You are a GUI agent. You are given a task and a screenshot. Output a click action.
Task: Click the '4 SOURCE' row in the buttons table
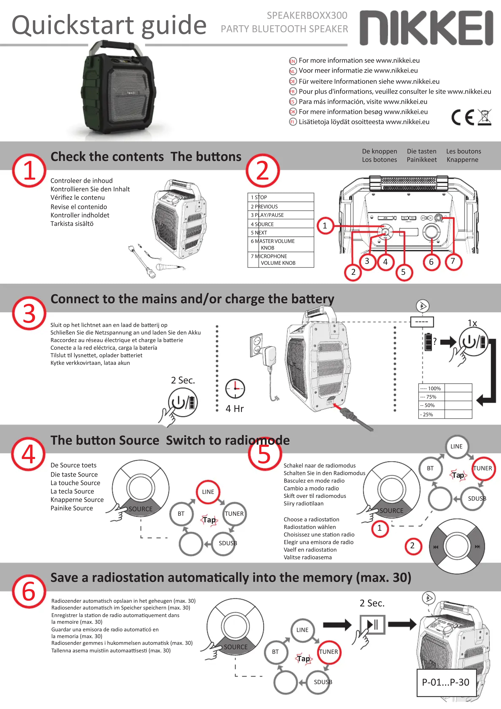pos(280,224)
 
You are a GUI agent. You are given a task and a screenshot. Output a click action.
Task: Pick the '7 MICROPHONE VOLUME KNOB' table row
pos(280,259)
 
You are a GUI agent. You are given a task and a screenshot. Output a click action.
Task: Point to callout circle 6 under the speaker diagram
pos(431,262)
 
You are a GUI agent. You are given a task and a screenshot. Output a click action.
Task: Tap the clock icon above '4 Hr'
pos(235,388)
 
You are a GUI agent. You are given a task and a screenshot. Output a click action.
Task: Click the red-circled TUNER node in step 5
pos(483,468)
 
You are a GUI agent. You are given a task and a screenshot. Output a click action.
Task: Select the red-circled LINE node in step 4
pos(208,492)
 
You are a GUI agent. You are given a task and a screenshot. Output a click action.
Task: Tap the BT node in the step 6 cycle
pos(275,652)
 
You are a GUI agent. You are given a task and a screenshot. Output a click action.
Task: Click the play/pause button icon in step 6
pos(372,624)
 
